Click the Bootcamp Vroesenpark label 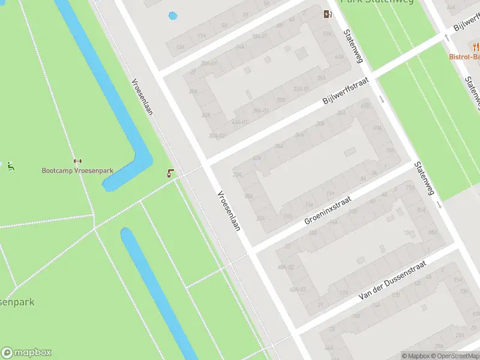77,170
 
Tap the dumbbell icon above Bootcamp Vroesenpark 77,161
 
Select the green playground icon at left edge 10,166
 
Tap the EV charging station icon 328,14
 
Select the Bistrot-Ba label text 464,57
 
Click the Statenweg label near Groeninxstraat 424,178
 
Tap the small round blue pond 173,16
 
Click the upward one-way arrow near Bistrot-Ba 446,37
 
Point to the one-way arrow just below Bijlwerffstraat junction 382,98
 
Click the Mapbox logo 26,353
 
